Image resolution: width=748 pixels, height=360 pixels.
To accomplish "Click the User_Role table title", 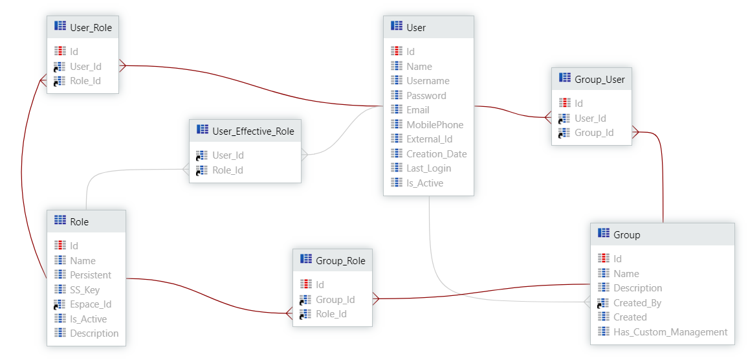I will click(91, 27).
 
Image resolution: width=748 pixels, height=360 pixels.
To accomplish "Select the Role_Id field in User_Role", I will click(85, 81).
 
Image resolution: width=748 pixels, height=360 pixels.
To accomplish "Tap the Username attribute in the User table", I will click(428, 81).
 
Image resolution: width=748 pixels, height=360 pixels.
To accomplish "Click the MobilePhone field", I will click(435, 124).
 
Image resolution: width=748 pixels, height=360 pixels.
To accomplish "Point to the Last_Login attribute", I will click(428, 168).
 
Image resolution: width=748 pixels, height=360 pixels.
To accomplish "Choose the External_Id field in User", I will click(429, 139).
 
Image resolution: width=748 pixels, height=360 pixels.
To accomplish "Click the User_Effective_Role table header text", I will click(253, 131).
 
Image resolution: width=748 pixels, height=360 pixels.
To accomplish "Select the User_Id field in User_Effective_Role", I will click(228, 155).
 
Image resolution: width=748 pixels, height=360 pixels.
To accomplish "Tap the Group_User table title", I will click(599, 79).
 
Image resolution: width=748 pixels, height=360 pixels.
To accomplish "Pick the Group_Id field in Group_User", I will click(594, 133).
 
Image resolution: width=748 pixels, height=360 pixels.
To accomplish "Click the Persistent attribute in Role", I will click(91, 275).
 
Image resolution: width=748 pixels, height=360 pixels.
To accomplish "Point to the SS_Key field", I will click(85, 290).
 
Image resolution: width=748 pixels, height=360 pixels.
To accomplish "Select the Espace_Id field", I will click(91, 304).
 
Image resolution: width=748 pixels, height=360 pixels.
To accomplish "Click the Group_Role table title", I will click(340, 260).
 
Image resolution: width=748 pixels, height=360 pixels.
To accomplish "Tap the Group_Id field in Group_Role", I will click(335, 300).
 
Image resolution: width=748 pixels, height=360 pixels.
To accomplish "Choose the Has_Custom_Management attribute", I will click(670, 332).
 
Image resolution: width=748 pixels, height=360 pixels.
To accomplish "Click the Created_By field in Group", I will click(637, 303).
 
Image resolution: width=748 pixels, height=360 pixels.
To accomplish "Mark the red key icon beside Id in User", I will click(397, 51).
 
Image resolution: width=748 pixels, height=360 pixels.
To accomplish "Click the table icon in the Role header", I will click(60, 221).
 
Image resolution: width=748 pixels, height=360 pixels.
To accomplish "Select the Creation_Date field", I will click(436, 154).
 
